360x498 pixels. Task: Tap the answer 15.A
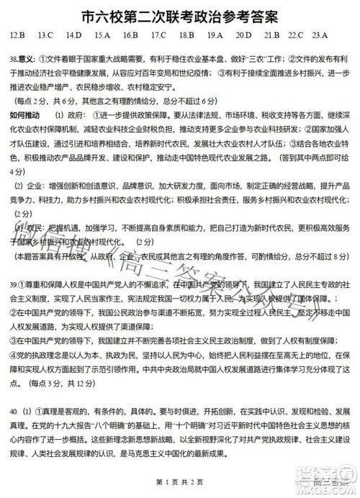click(x=103, y=35)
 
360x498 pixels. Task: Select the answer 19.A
click(x=215, y=35)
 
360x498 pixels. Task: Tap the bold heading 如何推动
click(x=26, y=115)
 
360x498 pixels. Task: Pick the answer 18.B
click(x=186, y=35)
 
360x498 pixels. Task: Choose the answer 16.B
click(x=130, y=35)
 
